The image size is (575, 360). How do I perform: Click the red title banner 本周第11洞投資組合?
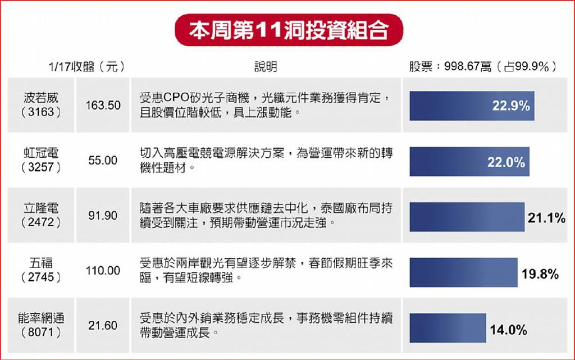(289, 30)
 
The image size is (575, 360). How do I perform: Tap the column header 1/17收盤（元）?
(86, 67)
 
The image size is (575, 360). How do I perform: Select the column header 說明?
(266, 67)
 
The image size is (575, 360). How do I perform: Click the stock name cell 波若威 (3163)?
(41, 105)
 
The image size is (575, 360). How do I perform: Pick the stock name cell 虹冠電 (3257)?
(41, 160)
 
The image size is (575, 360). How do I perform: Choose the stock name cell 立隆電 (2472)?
(41, 215)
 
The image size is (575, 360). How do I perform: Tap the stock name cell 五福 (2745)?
(41, 270)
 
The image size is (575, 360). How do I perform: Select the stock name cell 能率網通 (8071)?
(41, 325)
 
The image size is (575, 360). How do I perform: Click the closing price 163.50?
(103, 106)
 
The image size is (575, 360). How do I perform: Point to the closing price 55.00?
(103, 161)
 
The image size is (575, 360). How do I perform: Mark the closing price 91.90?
(103, 216)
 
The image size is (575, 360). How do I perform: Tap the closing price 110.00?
(103, 271)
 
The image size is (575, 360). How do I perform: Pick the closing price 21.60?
(103, 326)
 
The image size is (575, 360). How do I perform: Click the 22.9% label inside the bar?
(511, 106)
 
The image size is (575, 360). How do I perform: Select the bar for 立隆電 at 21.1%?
(467, 217)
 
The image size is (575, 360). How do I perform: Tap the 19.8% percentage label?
(540, 274)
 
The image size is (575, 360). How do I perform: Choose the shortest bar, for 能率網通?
(448, 328)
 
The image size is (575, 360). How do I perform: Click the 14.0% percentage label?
(509, 330)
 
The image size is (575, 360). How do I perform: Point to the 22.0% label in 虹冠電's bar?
(506, 162)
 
